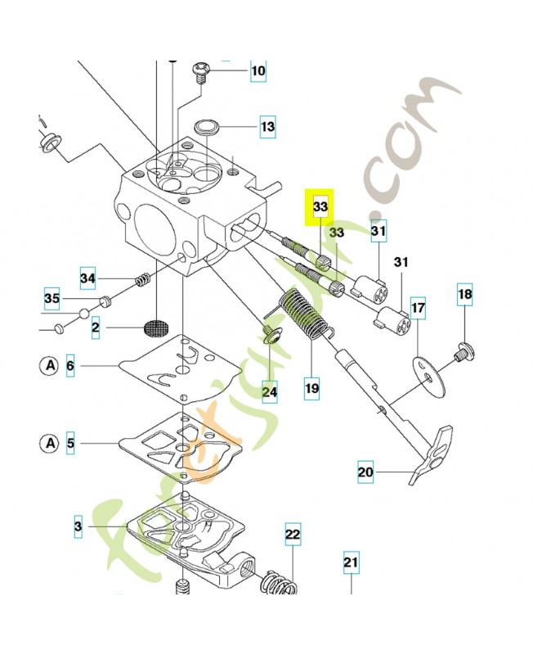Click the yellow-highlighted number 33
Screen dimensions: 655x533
[320, 208]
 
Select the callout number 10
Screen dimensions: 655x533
[258, 71]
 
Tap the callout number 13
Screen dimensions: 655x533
[267, 127]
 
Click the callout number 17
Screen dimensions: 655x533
[418, 309]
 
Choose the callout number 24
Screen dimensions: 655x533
[270, 393]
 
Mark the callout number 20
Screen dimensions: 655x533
[365, 472]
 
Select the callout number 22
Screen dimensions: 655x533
[293, 535]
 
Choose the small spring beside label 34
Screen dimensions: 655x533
[143, 280]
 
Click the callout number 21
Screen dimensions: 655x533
[350, 562]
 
